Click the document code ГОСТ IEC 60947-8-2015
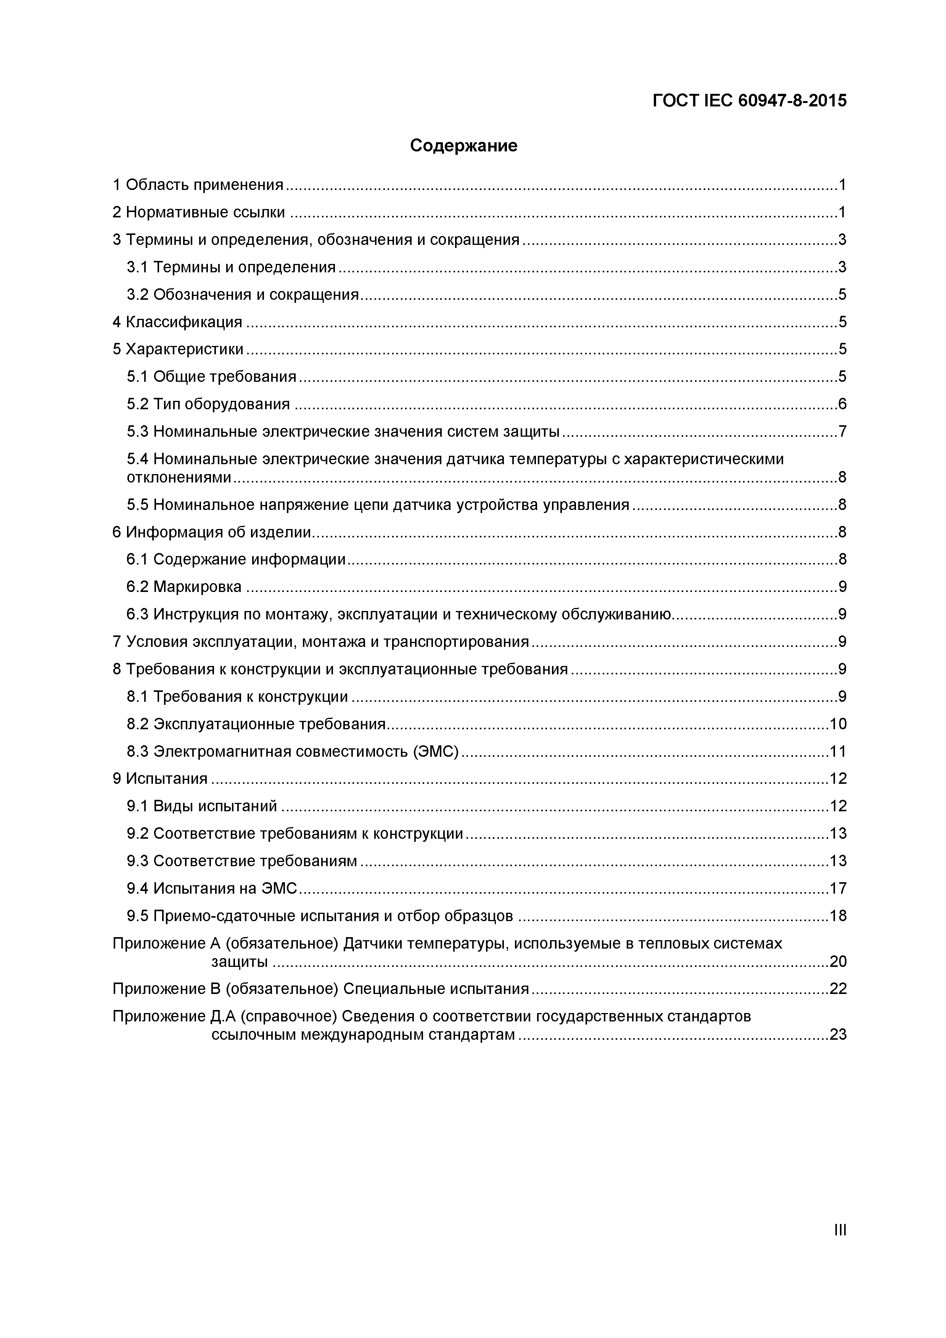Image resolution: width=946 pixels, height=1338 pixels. click(x=749, y=101)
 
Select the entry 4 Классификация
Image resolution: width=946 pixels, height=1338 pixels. click(x=177, y=322)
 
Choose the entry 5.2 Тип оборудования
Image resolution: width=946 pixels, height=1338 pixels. click(x=208, y=404)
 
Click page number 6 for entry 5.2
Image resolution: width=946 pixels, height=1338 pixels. click(x=841, y=404)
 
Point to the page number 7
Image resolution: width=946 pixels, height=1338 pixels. click(x=841, y=431)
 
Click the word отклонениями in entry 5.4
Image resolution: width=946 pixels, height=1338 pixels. click(x=179, y=477)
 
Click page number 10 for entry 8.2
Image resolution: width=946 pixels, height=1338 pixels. click(x=838, y=724)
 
